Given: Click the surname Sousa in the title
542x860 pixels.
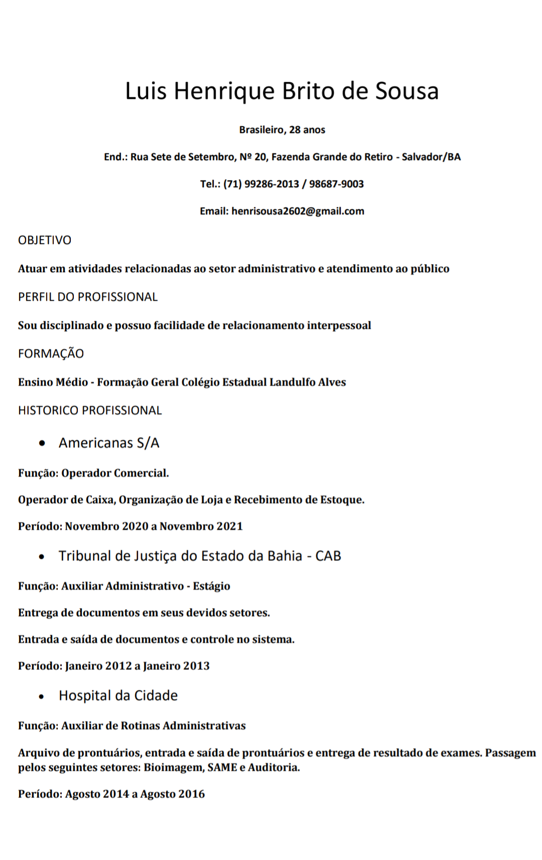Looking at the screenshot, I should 407,91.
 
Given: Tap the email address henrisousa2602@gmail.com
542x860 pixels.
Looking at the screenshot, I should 298,211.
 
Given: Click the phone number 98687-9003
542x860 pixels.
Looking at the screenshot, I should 336,184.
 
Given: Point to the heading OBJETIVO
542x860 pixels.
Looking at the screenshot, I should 45,240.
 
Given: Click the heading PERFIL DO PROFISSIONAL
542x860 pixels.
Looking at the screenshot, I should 88,297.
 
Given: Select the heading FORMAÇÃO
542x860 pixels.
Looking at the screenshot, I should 51,354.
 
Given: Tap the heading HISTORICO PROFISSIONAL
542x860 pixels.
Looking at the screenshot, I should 90,411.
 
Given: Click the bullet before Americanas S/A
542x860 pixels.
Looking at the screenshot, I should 42,443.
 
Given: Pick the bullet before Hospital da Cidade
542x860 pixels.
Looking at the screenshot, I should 42,696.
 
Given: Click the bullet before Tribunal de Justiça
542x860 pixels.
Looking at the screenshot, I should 42,557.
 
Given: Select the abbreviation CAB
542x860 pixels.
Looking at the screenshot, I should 328,556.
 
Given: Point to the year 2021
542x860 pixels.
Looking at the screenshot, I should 229,527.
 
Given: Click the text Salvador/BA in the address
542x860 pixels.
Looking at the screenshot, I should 431,157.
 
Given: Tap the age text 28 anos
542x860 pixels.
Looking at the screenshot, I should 307,130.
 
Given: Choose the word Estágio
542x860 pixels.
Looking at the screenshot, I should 211,586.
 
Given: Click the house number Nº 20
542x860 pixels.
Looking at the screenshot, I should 253,157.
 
